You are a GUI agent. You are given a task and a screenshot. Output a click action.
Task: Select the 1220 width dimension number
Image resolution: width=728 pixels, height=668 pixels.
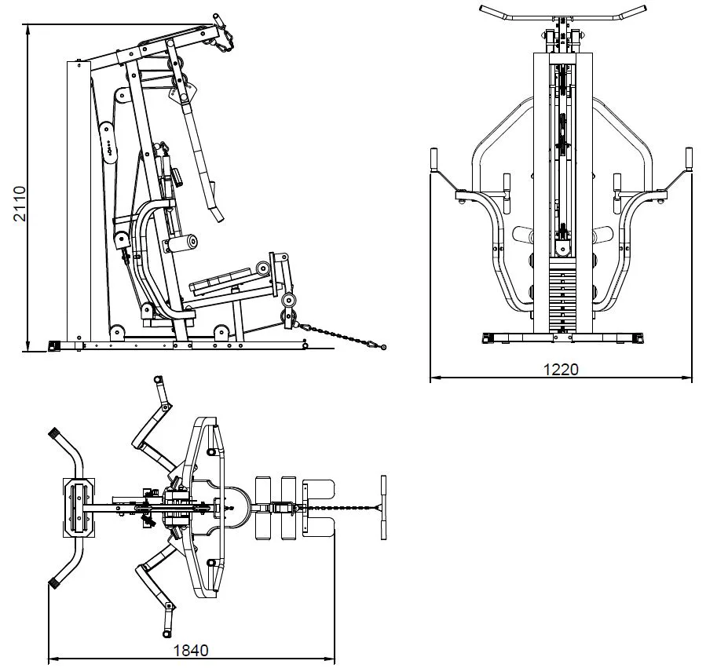point(561,369)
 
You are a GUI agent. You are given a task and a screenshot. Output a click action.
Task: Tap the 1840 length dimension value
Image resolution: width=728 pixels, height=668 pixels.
point(190,650)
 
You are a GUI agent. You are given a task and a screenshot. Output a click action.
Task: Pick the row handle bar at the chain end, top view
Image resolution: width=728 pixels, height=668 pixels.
point(383,507)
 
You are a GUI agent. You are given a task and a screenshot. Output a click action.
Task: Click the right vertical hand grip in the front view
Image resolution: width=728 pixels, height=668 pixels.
point(689,159)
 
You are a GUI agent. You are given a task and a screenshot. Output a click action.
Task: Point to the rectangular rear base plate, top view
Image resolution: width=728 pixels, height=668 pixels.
point(79,508)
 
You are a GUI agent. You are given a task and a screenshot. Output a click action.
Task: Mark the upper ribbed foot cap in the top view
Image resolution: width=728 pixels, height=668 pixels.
point(55,433)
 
